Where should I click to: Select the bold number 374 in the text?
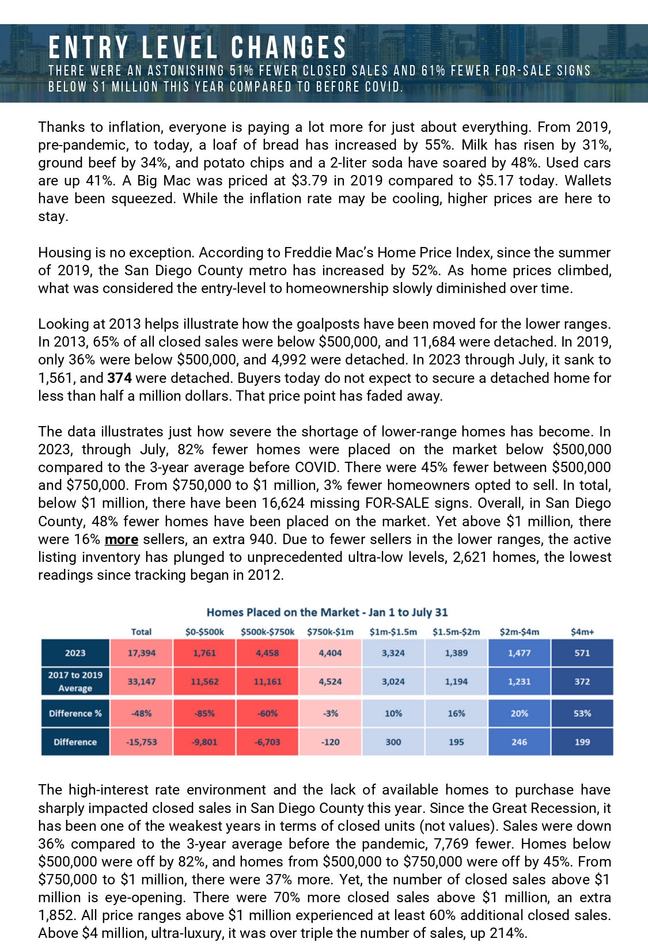click(119, 378)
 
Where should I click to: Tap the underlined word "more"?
click(121, 539)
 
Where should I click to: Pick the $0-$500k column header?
click(204, 632)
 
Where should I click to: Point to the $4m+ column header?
click(582, 632)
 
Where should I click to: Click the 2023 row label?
click(75, 653)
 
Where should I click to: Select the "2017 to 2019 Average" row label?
click(75, 682)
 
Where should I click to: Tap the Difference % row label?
click(75, 713)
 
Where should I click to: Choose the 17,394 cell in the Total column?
click(141, 653)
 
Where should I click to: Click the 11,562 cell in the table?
click(204, 682)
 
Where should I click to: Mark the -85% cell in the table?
click(204, 713)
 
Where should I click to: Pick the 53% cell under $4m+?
click(582, 713)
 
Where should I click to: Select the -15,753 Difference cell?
click(141, 742)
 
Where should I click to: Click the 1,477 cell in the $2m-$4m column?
click(519, 653)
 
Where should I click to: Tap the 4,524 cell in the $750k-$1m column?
click(330, 682)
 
